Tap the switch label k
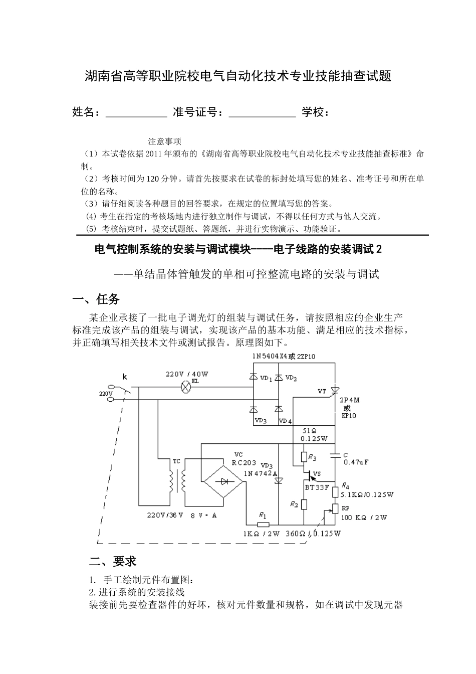[125, 376]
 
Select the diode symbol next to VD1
[254, 377]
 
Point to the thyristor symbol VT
[335, 391]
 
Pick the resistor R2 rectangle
[304, 503]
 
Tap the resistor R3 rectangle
[304, 457]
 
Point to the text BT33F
[317, 487]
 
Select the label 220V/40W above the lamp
[187, 374]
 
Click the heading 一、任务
[96, 299]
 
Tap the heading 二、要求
[112, 561]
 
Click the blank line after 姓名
[136, 113]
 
